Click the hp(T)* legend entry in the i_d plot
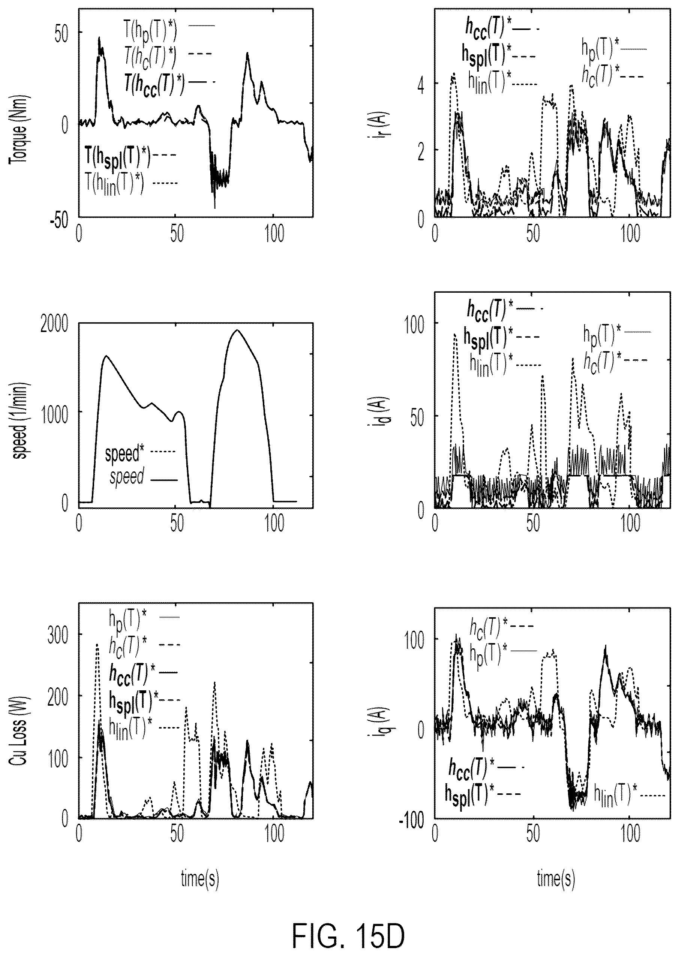click(x=617, y=332)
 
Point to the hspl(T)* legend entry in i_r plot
click(x=499, y=55)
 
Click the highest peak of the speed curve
click(x=237, y=330)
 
